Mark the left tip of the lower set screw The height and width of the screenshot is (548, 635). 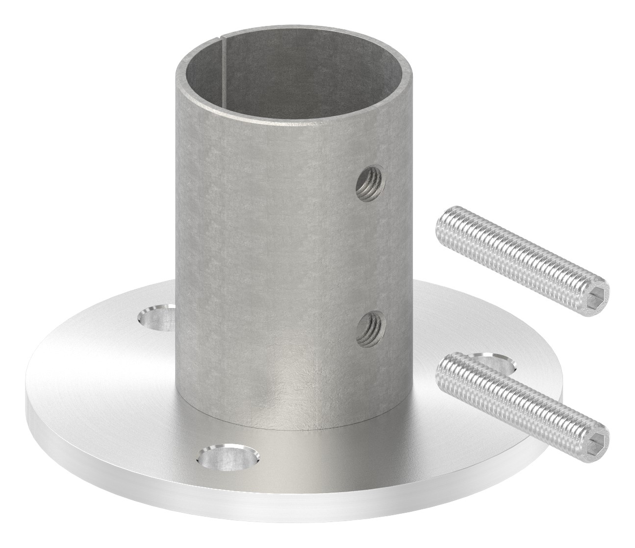pos(443,360)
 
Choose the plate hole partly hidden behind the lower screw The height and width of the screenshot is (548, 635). pos(495,365)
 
